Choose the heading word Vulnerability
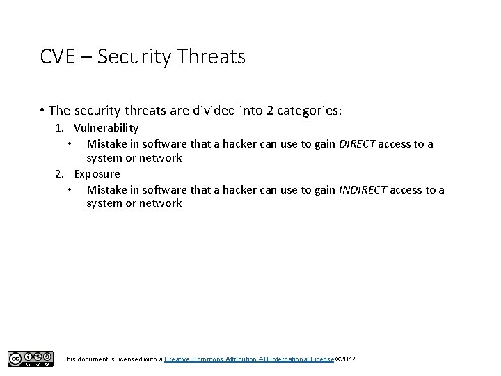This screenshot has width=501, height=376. [106, 128]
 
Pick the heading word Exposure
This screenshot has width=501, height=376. [97, 173]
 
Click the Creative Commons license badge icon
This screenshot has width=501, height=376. [31, 359]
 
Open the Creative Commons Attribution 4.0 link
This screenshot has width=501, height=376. [249, 359]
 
